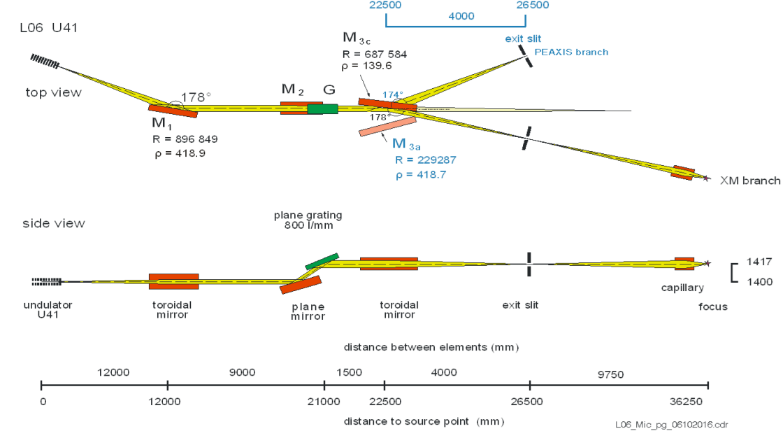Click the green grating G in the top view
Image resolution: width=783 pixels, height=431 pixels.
click(322, 108)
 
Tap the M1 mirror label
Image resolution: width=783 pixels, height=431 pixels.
click(160, 123)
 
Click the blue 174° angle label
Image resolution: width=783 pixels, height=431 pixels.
click(392, 94)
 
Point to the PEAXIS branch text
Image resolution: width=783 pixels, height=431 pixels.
click(571, 52)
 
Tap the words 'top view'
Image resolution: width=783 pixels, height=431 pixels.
click(54, 92)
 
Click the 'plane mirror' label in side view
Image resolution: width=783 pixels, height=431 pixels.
click(308, 311)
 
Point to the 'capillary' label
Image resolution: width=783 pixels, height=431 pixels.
click(683, 288)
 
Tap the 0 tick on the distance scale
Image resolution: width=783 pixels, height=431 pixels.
click(42, 402)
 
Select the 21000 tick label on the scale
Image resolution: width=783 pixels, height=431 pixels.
click(324, 402)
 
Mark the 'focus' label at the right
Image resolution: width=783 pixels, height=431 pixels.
click(714, 306)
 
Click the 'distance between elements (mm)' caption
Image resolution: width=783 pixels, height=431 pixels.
click(431, 347)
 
